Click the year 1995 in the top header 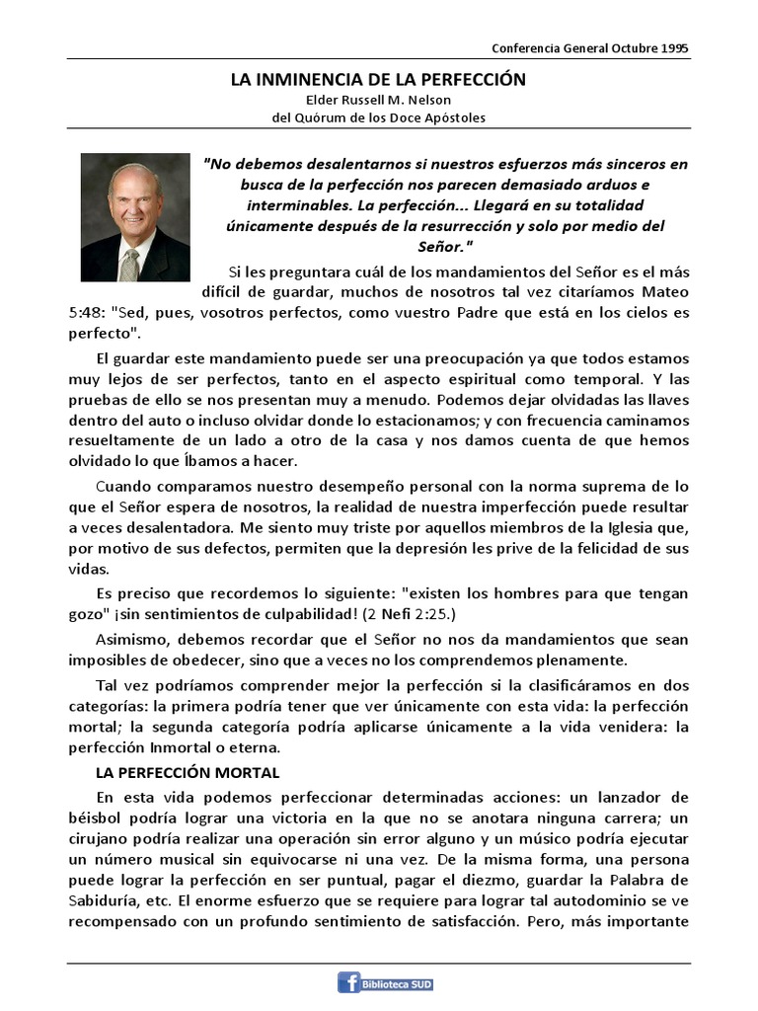[x=674, y=47]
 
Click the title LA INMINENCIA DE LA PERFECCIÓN [x=378, y=79]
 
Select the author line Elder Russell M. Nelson [x=378, y=100]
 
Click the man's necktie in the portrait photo [x=129, y=262]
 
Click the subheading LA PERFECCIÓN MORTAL [x=188, y=771]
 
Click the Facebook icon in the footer [x=349, y=983]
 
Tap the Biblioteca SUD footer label [x=398, y=984]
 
